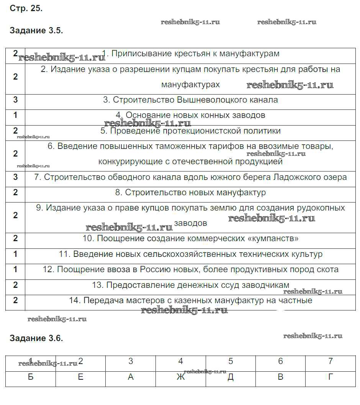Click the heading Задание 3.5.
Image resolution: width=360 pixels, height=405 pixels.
point(36,31)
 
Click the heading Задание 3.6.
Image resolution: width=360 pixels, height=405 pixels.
point(36,338)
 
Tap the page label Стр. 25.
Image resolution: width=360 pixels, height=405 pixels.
point(26,9)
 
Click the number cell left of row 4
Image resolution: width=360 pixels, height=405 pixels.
point(15,115)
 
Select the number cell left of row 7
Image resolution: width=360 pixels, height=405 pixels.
point(15,177)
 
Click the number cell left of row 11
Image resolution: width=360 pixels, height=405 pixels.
point(15,254)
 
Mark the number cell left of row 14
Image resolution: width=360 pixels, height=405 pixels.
point(15,300)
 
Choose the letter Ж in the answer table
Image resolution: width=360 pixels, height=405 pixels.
point(180,377)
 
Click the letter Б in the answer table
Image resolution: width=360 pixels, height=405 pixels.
point(31,377)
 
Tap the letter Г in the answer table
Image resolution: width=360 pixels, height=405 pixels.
point(331,377)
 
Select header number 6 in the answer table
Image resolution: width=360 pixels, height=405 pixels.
point(280,361)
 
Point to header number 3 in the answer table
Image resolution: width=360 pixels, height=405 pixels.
point(131,361)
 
